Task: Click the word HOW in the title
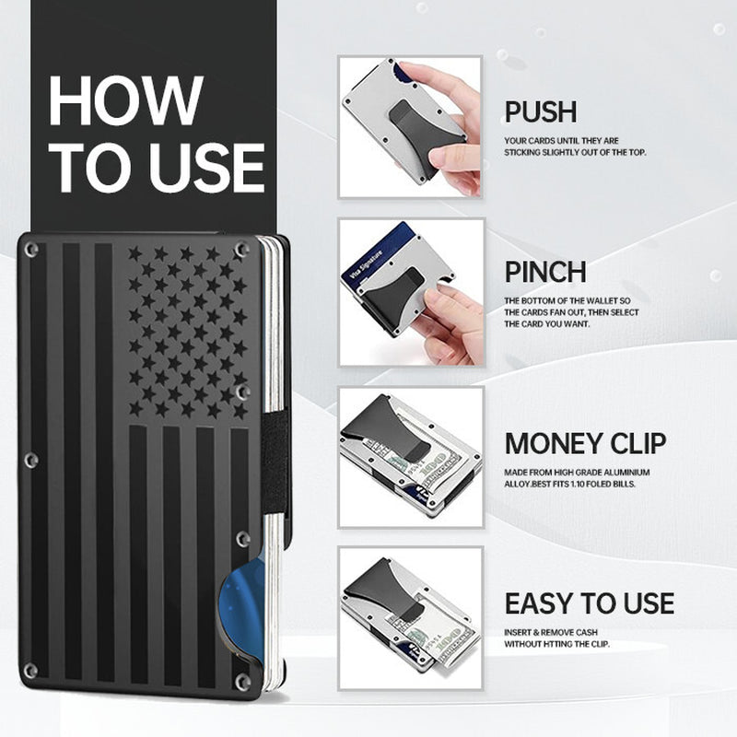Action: click(125, 100)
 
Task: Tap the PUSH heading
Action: click(541, 112)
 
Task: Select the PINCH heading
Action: click(545, 272)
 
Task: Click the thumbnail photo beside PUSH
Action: click(410, 126)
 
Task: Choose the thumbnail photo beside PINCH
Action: click(410, 291)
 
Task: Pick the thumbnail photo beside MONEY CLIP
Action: click(410, 456)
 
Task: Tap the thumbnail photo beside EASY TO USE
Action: click(410, 617)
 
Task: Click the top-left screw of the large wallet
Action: click(31, 250)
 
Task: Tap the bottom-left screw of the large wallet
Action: click(31, 670)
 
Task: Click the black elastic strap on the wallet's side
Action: click(275, 461)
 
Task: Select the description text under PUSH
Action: click(574, 147)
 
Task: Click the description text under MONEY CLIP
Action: click(580, 478)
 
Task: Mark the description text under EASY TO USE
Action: click(569, 638)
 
